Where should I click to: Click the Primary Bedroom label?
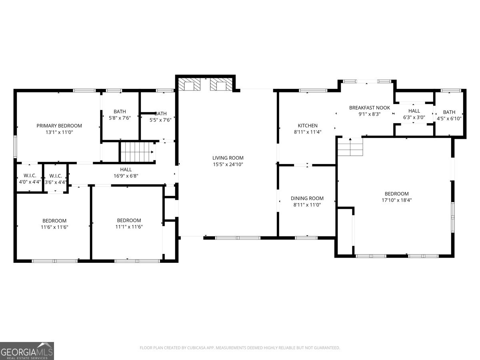point(59,126)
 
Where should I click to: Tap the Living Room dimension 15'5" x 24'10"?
point(228,164)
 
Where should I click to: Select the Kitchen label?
point(308,126)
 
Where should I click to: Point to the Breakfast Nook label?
point(370,108)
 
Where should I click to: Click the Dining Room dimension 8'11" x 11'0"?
point(307,204)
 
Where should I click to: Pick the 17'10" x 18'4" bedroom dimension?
point(396,200)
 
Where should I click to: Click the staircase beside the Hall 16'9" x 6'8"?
point(137,152)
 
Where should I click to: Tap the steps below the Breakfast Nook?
point(350,147)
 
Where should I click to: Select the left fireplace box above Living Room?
point(189,84)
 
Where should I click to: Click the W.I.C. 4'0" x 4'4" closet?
point(30,178)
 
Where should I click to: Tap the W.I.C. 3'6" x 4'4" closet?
point(55,178)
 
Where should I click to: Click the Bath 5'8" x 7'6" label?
point(120,112)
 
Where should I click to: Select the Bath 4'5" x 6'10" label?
point(449,112)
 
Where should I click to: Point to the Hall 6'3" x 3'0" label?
point(414,111)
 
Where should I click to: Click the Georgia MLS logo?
point(27,351)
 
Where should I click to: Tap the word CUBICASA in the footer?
point(196,348)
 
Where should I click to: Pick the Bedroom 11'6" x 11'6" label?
point(54,221)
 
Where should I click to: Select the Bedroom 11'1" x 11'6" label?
point(129,220)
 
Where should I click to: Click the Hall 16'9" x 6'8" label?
point(126,170)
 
